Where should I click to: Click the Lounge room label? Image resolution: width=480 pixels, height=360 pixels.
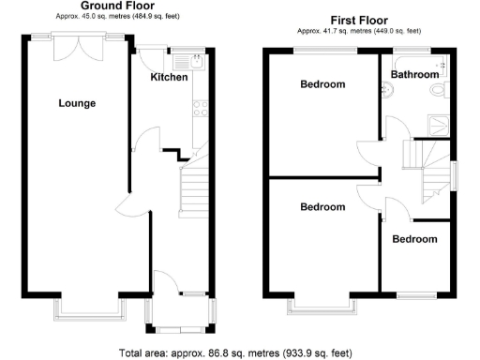pos(77,103)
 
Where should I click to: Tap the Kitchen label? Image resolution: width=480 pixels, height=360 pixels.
pos(170,77)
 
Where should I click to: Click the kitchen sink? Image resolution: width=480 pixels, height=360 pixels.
pos(198,63)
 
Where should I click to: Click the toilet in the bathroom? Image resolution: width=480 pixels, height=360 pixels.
pos(436,91)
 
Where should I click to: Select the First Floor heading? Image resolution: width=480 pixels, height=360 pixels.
pos(358,20)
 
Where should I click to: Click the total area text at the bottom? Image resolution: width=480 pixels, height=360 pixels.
pos(236,353)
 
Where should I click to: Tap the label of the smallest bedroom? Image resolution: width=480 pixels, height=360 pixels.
pos(414,239)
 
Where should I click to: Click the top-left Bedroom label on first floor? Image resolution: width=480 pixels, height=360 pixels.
pos(322,84)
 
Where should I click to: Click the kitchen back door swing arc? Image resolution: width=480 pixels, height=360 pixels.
pos(147,59)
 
